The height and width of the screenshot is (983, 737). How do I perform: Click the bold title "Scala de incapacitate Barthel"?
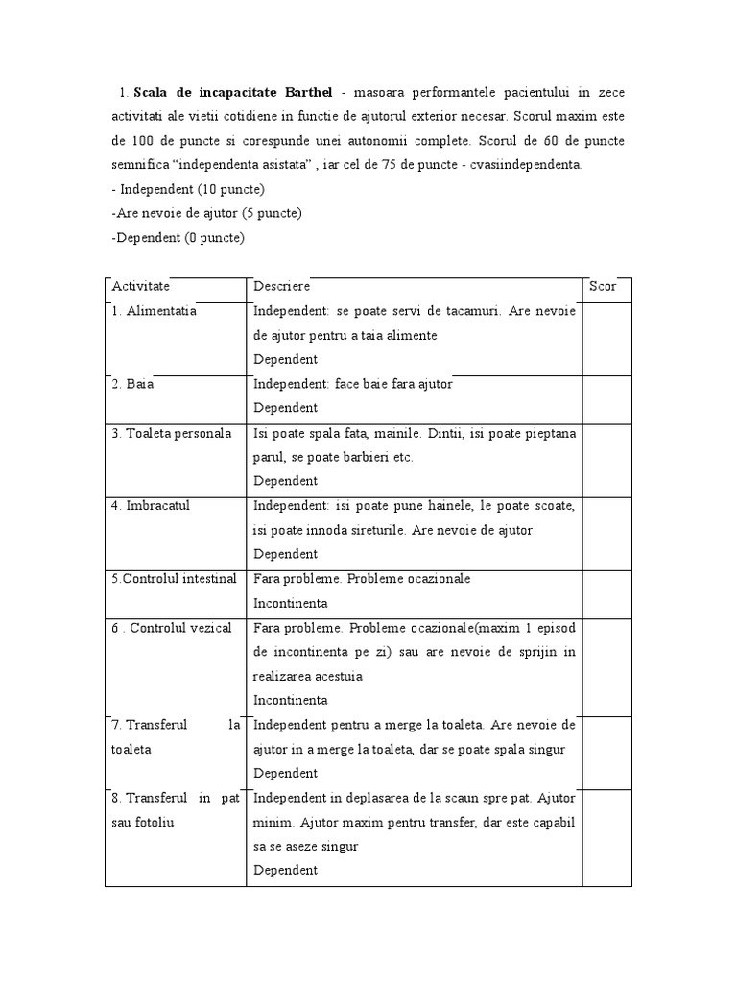(233, 92)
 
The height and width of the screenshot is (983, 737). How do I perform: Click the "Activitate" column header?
(141, 286)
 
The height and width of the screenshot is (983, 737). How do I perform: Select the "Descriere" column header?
(281, 286)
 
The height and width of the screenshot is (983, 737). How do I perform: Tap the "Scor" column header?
(603, 286)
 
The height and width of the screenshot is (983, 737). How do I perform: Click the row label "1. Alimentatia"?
(155, 311)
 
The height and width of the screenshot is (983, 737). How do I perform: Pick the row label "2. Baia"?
(133, 384)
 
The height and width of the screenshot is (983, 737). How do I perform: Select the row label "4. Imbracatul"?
(152, 506)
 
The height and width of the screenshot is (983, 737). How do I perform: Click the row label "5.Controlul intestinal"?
(174, 579)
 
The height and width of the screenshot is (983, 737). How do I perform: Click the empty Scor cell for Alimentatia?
(606, 338)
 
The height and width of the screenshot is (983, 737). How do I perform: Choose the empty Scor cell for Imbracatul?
(606, 532)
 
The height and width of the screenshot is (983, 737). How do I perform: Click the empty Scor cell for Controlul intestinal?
(606, 592)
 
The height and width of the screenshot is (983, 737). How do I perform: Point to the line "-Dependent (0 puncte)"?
(178, 237)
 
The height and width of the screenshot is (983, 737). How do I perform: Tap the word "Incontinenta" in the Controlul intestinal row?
(291, 603)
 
